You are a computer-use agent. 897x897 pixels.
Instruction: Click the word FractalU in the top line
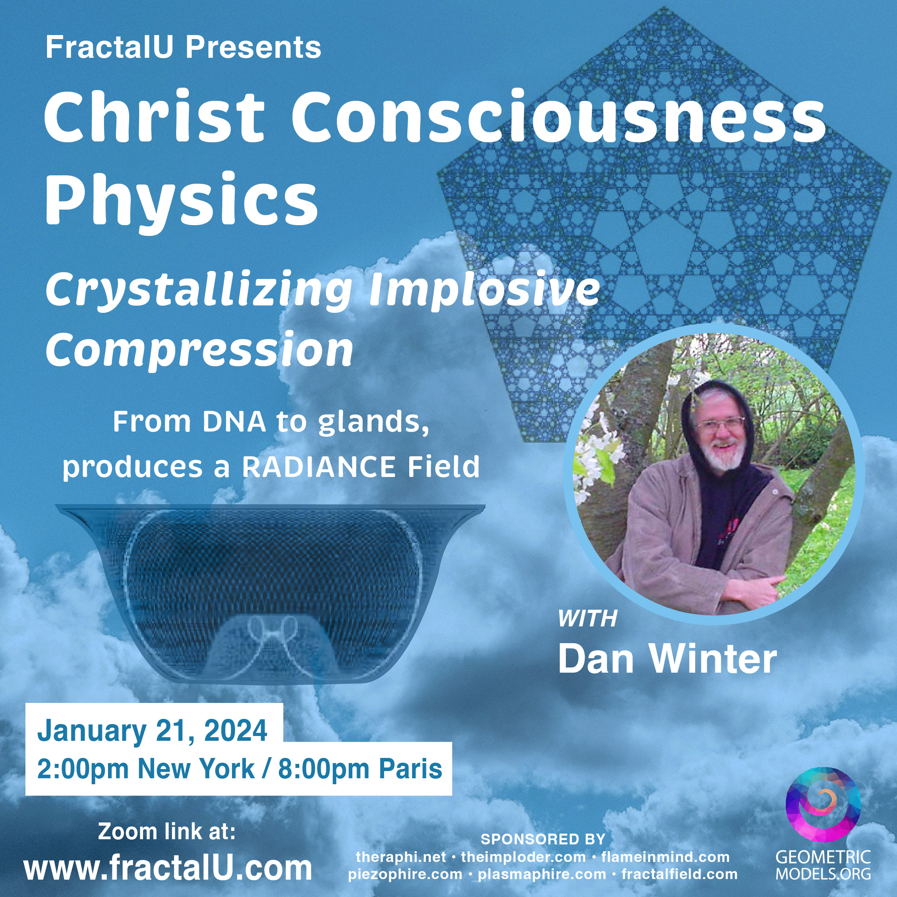tap(110, 47)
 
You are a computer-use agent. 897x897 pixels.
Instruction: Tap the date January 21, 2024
tap(152, 730)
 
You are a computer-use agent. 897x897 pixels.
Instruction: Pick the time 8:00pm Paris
tap(360, 768)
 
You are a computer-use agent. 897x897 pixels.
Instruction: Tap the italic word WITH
tap(587, 618)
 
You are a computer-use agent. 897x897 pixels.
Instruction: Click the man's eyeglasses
tap(718, 424)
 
